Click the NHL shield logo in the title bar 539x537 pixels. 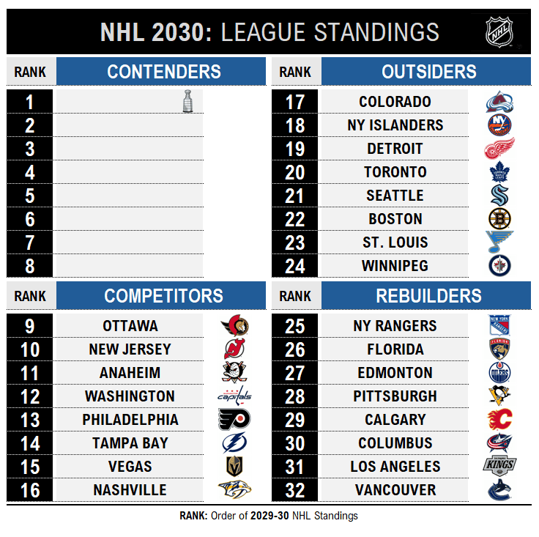click(x=499, y=32)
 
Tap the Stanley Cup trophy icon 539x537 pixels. click(x=187, y=101)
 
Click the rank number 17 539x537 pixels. click(x=295, y=102)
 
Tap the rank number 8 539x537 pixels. click(x=30, y=266)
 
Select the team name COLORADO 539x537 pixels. click(x=395, y=102)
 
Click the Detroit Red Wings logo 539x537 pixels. click(x=499, y=149)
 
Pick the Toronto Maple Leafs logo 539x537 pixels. click(x=499, y=172)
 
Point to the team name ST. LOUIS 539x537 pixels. click(x=395, y=242)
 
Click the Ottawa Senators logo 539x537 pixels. click(x=235, y=325)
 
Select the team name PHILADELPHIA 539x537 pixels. click(x=130, y=420)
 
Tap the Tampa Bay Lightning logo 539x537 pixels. click(x=234, y=442)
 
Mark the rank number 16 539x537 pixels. click(x=30, y=491)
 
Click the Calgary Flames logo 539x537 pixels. click(x=499, y=420)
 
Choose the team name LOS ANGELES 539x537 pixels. click(x=395, y=467)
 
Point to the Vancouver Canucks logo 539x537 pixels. click(x=499, y=490)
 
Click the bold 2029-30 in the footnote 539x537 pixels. click(x=269, y=516)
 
